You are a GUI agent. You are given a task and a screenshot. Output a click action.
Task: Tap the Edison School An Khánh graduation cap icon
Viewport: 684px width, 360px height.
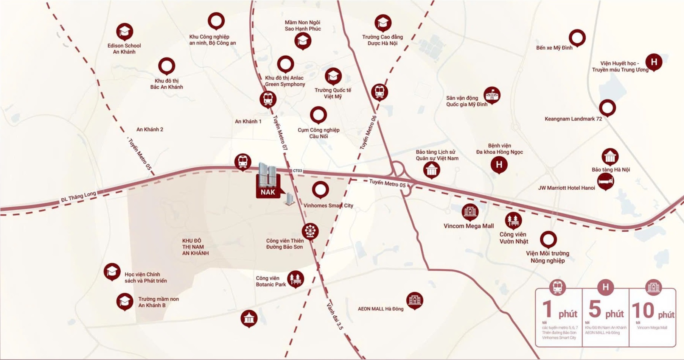click(124, 32)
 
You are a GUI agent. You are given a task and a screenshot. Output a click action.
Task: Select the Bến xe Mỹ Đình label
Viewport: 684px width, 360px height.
click(554, 48)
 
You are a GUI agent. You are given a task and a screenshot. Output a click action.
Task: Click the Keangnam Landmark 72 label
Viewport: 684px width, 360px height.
click(573, 119)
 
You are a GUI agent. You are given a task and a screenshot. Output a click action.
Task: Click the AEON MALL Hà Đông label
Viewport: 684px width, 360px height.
click(381, 309)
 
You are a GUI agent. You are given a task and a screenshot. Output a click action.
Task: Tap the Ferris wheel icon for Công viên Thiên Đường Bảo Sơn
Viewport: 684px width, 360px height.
click(310, 231)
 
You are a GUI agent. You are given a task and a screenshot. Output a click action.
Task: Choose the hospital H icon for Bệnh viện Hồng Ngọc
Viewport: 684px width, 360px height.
click(499, 165)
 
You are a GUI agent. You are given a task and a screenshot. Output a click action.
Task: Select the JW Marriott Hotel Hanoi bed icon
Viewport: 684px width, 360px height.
click(605, 182)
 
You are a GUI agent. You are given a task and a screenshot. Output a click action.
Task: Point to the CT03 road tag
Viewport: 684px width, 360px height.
click(298, 171)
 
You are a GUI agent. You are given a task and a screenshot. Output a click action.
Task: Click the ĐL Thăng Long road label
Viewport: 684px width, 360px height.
click(79, 197)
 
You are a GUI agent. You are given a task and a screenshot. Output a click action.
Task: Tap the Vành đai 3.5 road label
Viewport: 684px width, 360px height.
click(335, 316)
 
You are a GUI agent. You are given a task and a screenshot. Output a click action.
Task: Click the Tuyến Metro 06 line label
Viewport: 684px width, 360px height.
click(368, 132)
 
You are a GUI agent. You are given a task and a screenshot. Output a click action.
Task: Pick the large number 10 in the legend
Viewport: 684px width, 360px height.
click(642, 310)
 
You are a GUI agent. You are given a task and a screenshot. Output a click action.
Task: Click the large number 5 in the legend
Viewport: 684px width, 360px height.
click(595, 309)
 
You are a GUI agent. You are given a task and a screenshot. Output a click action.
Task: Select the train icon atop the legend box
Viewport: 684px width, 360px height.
click(558, 287)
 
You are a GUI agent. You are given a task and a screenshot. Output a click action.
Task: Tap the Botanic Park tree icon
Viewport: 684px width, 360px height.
click(295, 279)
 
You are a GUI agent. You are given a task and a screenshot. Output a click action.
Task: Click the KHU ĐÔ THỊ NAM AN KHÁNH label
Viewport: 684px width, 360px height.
click(195, 247)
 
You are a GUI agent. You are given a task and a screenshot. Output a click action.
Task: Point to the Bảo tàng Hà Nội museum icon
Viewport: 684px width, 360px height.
click(610, 156)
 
